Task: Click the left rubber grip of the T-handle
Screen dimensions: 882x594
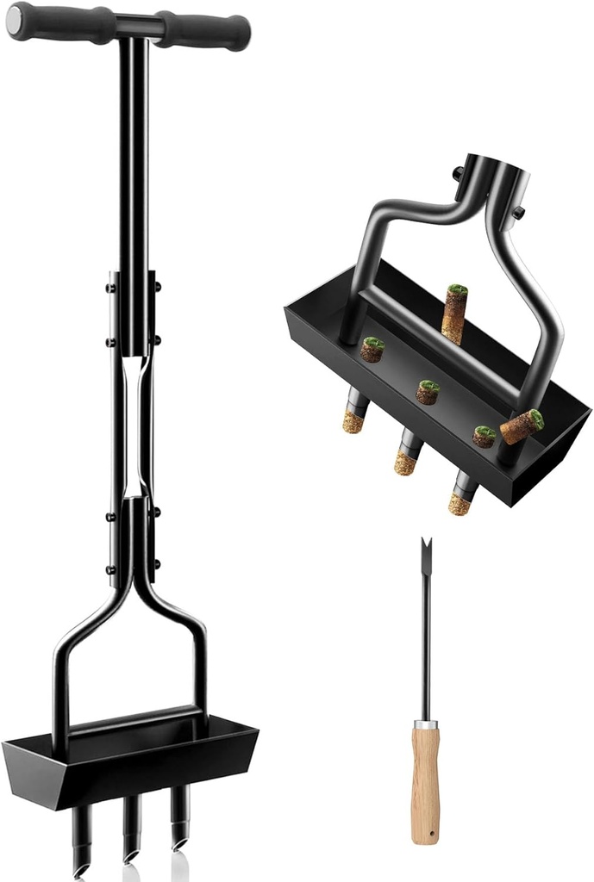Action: pos(65,22)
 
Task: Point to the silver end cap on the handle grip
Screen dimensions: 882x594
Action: pos(14,20)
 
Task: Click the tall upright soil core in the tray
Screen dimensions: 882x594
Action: pos(453,314)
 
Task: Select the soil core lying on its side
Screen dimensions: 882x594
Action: pos(522,426)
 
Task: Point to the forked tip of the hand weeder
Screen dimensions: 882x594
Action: pos(425,552)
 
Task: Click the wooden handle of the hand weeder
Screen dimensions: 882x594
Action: pos(425,784)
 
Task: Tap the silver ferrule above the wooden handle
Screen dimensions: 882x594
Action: pos(425,724)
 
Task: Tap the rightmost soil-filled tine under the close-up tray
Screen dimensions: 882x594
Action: pos(462,494)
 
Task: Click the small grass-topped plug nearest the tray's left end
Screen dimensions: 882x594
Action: pos(372,349)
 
